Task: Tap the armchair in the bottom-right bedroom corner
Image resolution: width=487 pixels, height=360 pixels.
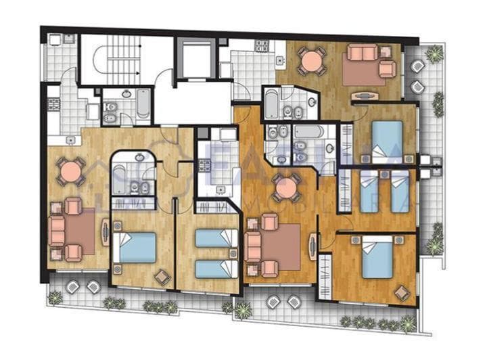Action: pyautogui.click(x=402, y=293)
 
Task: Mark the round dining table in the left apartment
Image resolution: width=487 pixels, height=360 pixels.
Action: pyautogui.click(x=70, y=172)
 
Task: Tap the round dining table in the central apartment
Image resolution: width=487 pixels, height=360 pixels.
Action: pyautogui.click(x=287, y=187)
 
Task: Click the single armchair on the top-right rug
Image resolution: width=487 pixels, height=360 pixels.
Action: pyautogui.click(x=387, y=69)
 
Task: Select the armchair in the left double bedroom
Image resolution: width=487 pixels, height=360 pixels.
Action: pyautogui.click(x=162, y=275)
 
